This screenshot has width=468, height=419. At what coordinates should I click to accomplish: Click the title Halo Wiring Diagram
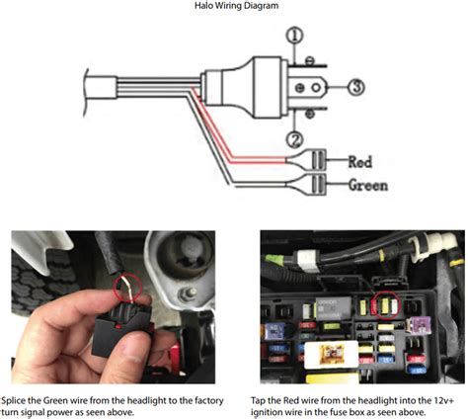click(x=233, y=7)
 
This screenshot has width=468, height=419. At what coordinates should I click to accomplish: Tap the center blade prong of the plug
click(x=319, y=87)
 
